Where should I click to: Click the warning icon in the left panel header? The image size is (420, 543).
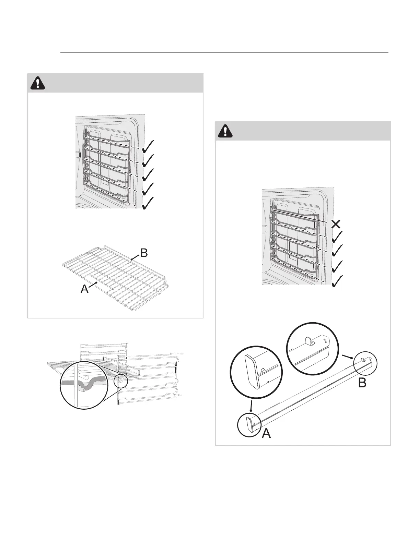[x=38, y=83]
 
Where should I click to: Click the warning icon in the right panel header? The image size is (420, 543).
[x=225, y=131]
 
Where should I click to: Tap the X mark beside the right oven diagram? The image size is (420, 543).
[x=336, y=224]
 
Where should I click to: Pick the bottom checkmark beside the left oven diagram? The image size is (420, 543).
[x=148, y=203]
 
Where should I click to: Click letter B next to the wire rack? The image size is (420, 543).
[x=144, y=253]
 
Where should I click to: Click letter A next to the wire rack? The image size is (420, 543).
[x=84, y=289]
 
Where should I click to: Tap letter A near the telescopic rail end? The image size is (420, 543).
[x=266, y=434]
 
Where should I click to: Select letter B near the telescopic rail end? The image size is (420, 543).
[x=362, y=383]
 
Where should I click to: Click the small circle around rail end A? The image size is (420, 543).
[x=249, y=424]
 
